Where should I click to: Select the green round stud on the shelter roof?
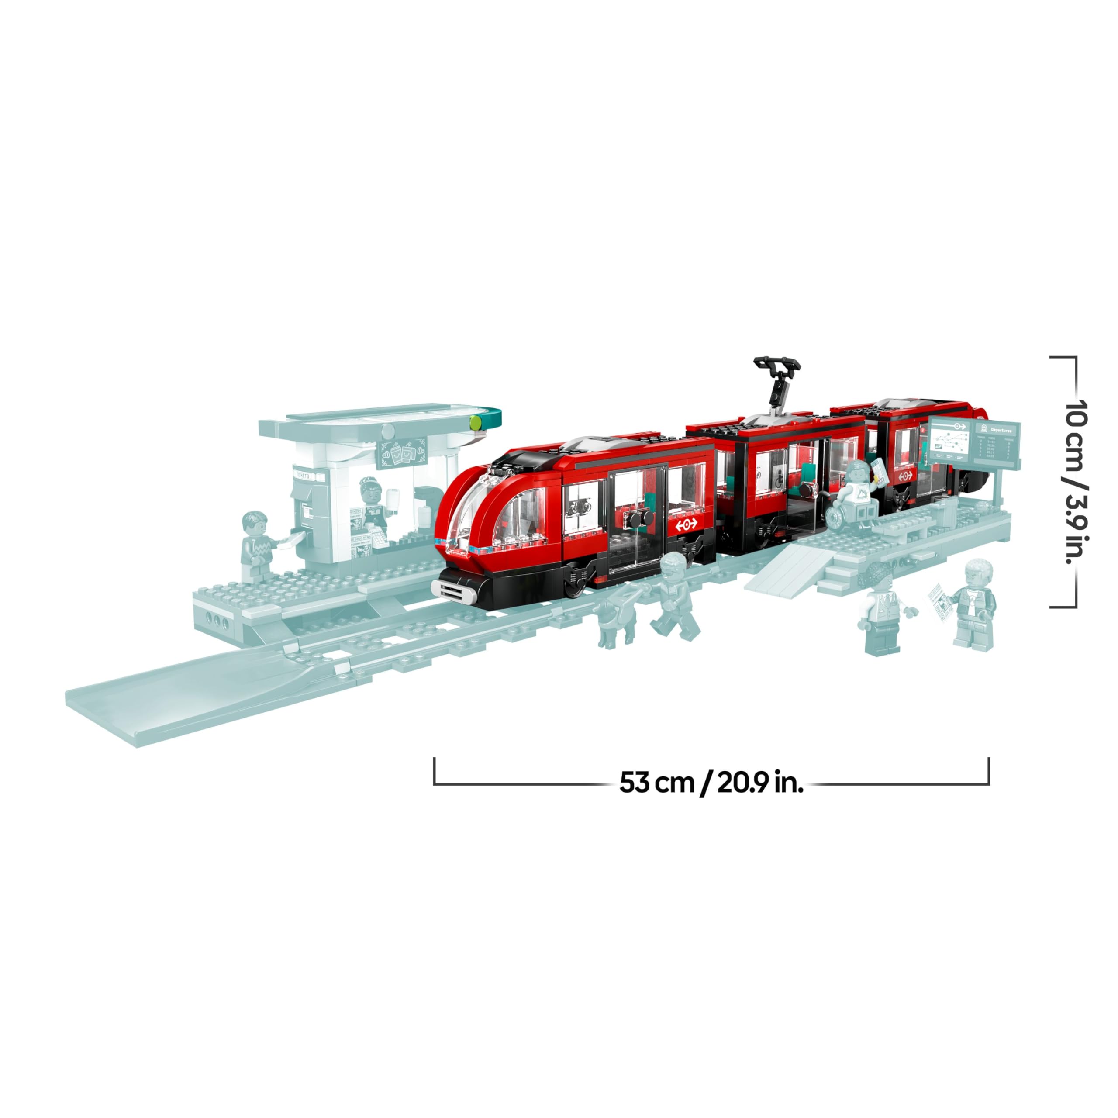pos(476,422)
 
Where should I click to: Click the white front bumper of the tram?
pos(454,590)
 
